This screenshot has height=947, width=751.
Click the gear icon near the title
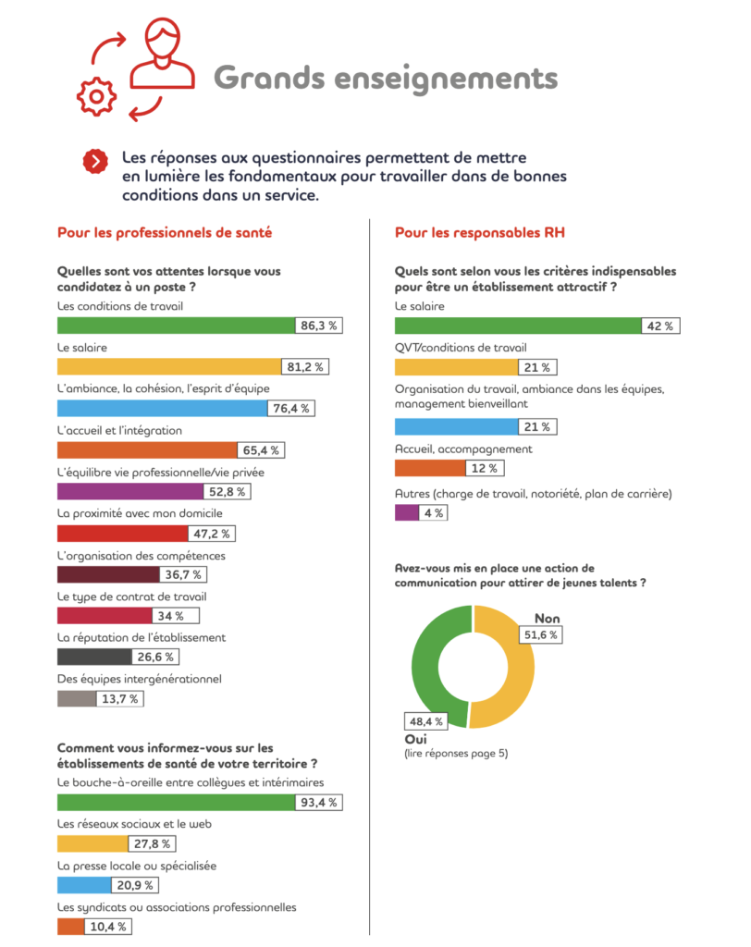click(x=96, y=96)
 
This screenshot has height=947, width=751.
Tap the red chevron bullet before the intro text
click(x=95, y=161)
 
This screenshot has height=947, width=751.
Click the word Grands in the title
click(x=269, y=79)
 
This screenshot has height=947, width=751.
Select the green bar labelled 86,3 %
click(x=176, y=326)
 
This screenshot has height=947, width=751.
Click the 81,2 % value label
click(x=305, y=366)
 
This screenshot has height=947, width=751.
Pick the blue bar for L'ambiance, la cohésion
click(x=162, y=408)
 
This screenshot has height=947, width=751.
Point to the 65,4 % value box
click(x=261, y=450)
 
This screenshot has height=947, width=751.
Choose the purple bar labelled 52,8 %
click(x=130, y=492)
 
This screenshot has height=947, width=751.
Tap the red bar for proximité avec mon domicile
click(x=123, y=534)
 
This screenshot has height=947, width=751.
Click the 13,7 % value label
click(x=120, y=699)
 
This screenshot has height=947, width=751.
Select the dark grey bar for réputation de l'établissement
click(x=94, y=657)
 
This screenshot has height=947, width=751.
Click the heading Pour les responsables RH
click(x=480, y=232)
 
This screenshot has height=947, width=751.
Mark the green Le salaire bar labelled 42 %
click(x=518, y=326)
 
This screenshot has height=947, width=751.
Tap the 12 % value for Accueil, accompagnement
click(x=485, y=468)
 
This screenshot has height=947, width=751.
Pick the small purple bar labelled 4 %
click(x=407, y=512)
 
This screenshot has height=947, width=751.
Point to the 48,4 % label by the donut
click(x=426, y=721)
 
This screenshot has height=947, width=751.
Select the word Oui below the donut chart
click(x=415, y=739)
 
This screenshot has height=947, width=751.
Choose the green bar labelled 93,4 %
click(x=176, y=803)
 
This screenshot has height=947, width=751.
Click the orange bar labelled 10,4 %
click(x=70, y=927)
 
